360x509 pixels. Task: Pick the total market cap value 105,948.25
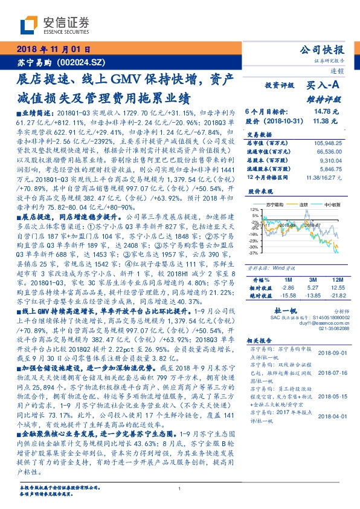pos(326,143)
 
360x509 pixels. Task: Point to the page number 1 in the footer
pos(180,489)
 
